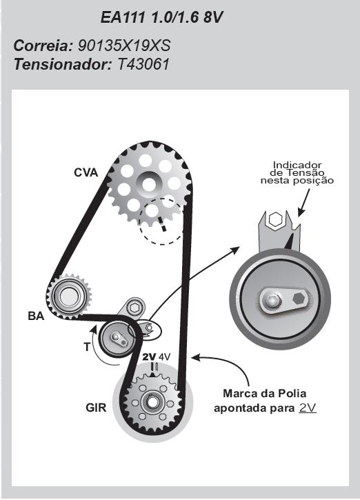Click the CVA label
(x=86, y=172)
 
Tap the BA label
(x=36, y=316)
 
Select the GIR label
(x=96, y=408)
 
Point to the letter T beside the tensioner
(x=87, y=347)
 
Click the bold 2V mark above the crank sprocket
(x=149, y=357)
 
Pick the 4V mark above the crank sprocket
(x=164, y=357)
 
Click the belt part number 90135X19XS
(x=124, y=46)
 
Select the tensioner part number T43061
(x=143, y=64)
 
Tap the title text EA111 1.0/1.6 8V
(x=161, y=17)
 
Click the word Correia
(x=43, y=46)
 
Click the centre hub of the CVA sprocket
(x=149, y=184)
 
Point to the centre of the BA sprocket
(x=69, y=297)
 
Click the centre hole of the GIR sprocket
(x=152, y=403)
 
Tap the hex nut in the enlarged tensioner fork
(x=275, y=220)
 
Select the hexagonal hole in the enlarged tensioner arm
(x=299, y=299)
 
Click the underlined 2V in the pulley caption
(x=308, y=408)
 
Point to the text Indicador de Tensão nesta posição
(x=297, y=173)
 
